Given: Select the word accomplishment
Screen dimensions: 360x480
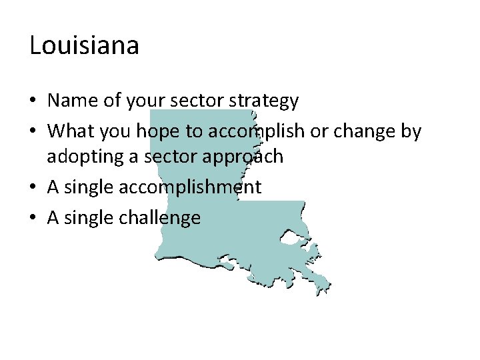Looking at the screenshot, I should tap(190, 188).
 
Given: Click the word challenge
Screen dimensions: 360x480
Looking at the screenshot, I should tap(160, 218).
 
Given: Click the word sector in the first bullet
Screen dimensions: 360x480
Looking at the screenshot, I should tap(201, 101).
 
